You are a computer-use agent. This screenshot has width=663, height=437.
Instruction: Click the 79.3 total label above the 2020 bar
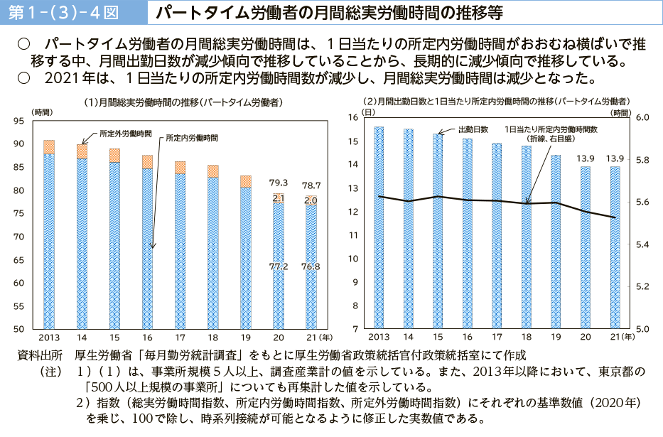tap(279, 183)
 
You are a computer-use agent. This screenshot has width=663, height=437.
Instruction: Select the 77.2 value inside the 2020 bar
tap(279, 266)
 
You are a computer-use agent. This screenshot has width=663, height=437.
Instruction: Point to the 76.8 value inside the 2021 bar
tap(311, 266)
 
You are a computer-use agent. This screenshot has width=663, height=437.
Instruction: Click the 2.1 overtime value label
tap(279, 198)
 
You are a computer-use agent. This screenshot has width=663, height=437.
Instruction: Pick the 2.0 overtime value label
tap(311, 200)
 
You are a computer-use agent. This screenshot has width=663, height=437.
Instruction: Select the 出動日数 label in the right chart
tap(473, 129)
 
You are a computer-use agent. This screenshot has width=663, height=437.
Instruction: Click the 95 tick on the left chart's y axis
tap(19, 122)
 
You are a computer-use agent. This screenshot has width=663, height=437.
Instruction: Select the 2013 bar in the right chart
tap(379, 227)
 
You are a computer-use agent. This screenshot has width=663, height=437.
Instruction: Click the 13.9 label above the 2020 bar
tap(585, 158)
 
